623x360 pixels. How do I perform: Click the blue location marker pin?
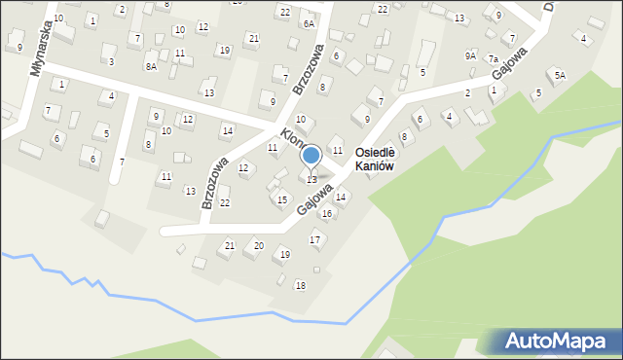[x=311, y=156]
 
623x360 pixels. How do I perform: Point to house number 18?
[x=300, y=285]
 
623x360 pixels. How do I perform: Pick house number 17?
[x=314, y=239]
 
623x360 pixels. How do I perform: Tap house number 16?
[x=327, y=213]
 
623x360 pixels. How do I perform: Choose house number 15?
[x=282, y=199]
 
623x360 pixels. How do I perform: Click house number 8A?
[x=151, y=66]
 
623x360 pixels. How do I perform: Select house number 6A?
[x=309, y=23]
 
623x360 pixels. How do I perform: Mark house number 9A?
[x=471, y=56]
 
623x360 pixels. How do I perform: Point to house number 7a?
[x=494, y=59]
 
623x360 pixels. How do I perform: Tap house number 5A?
[x=560, y=75]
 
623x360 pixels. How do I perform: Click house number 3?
[x=111, y=61]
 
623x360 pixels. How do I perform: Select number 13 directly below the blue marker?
[x=311, y=179]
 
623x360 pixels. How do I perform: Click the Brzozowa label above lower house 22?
[x=215, y=183]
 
